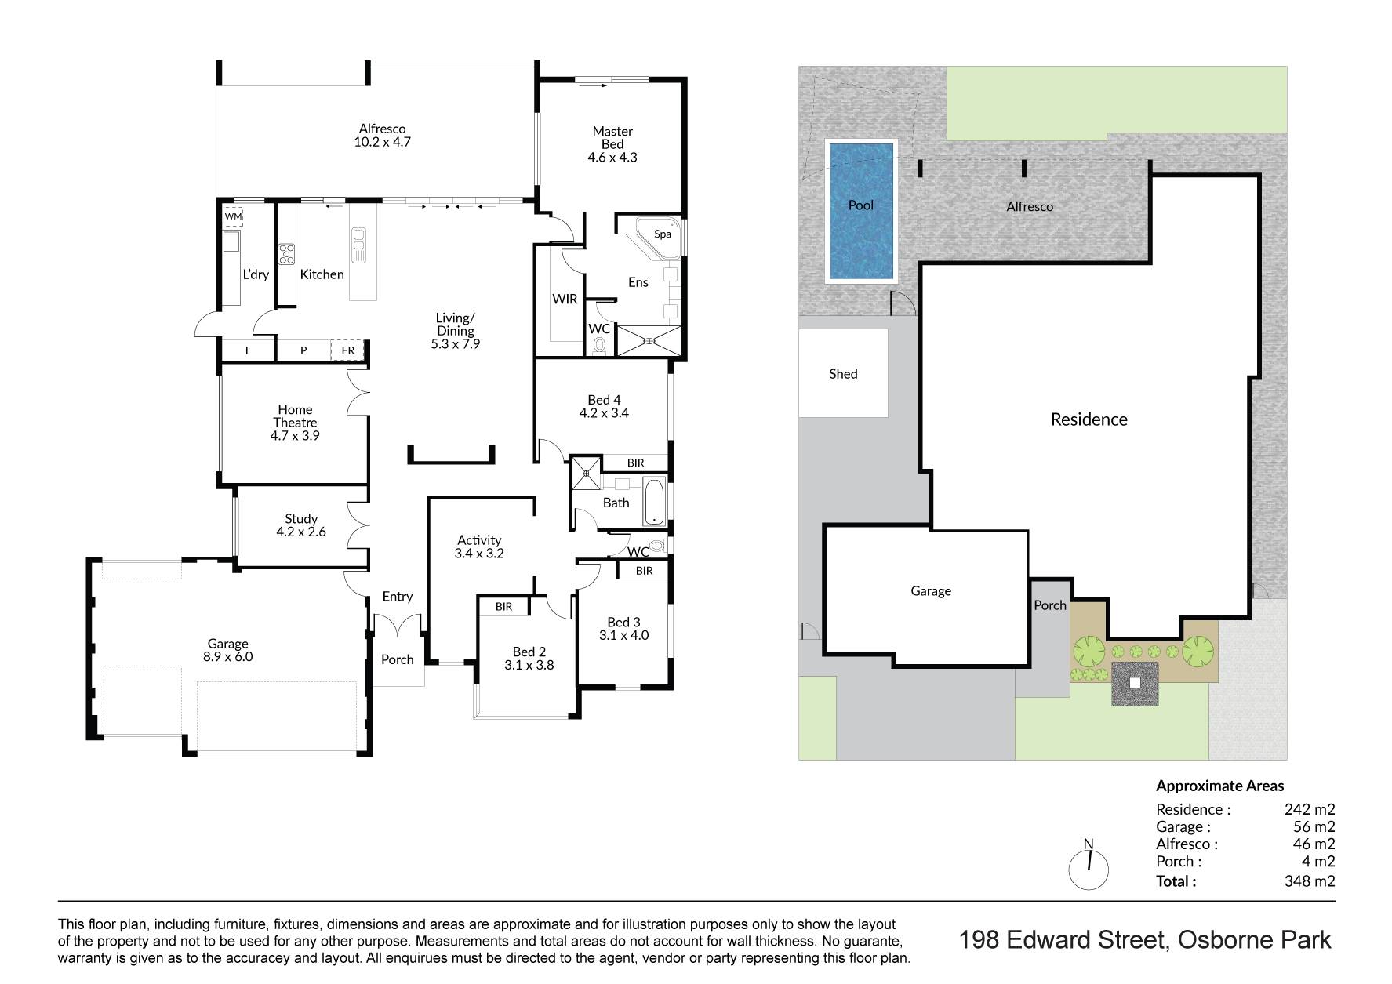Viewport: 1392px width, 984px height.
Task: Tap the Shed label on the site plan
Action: tap(843, 374)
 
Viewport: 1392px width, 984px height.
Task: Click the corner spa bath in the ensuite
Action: tap(660, 238)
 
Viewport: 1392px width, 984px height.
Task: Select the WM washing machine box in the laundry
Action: tap(234, 216)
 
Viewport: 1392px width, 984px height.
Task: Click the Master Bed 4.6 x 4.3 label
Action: tap(612, 144)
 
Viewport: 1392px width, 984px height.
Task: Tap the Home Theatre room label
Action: tap(295, 423)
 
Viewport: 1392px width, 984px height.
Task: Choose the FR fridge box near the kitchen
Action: tap(347, 350)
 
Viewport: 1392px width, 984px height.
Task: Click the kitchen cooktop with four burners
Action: tap(286, 253)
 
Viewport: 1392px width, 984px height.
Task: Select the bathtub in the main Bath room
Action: tap(654, 502)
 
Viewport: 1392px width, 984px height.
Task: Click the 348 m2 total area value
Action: tap(1310, 881)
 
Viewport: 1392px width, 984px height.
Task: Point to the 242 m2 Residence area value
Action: tap(1310, 809)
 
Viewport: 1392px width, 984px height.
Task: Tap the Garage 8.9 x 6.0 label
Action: tap(227, 650)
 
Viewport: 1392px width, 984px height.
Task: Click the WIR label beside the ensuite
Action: tap(565, 299)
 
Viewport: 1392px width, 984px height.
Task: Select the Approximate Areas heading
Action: tap(1220, 786)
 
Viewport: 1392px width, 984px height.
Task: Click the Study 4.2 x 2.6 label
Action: tap(301, 525)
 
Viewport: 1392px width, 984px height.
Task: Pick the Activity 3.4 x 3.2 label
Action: tap(479, 546)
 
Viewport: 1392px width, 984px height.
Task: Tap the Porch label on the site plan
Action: tap(1050, 605)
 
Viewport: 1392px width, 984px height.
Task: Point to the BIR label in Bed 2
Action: tap(503, 607)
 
